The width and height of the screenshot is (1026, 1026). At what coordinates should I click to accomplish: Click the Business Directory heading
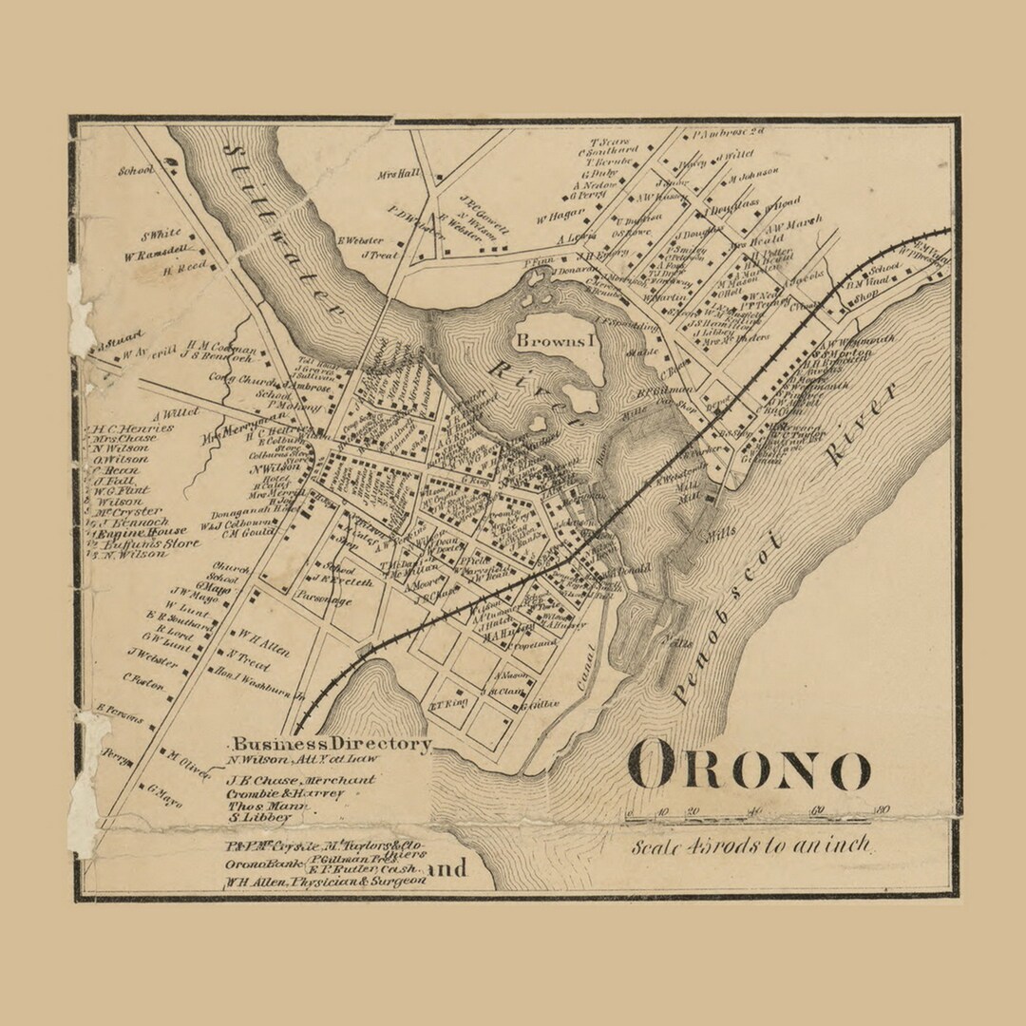pyautogui.click(x=332, y=744)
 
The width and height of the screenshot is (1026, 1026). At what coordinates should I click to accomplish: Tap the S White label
pyautogui.click(x=161, y=235)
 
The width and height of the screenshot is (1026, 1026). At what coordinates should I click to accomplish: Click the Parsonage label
pyautogui.click(x=323, y=601)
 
